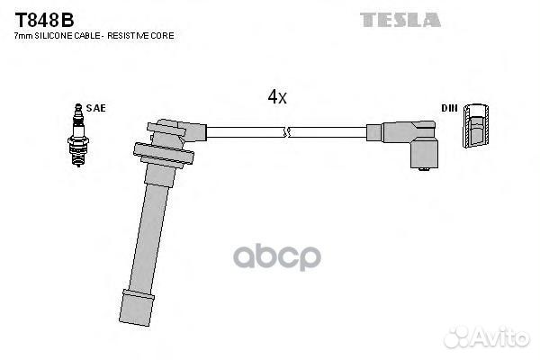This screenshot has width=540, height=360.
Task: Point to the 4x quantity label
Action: tap(276, 97)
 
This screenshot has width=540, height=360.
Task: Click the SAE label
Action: tap(97, 108)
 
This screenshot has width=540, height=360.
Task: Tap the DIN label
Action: tap(449, 108)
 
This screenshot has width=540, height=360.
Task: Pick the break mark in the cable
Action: tap(286, 132)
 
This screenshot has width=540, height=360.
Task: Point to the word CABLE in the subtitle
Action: tap(84, 35)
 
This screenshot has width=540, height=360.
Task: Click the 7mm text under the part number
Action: tap(23, 35)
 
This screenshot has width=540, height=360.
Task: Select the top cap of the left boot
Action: tap(167, 127)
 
